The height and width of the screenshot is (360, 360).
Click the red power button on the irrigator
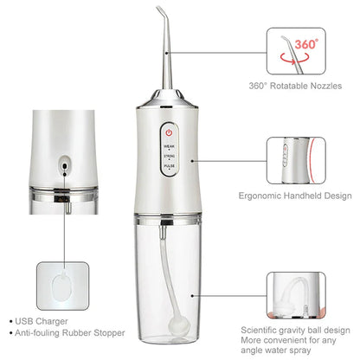(x=169, y=133)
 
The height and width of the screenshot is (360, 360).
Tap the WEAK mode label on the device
(x=169, y=147)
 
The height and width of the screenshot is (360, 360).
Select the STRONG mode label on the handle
(x=169, y=157)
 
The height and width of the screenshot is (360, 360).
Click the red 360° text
(x=307, y=43)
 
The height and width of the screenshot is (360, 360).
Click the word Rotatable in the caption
(x=286, y=86)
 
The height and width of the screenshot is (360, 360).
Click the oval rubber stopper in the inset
(x=61, y=285)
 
